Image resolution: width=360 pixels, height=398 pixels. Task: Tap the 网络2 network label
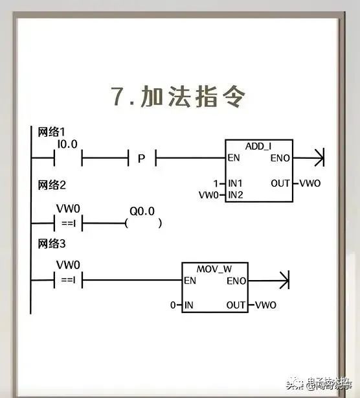click(x=49, y=185)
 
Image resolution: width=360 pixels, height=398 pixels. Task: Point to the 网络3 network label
click(x=49, y=244)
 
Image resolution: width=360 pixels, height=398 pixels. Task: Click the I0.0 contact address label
click(x=67, y=145)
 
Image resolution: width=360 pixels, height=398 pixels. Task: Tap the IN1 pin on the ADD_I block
click(x=236, y=183)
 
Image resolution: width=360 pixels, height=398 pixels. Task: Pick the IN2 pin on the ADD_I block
click(x=236, y=194)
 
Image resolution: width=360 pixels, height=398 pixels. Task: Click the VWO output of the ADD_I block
click(x=309, y=183)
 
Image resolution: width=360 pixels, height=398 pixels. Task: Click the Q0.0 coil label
click(x=141, y=211)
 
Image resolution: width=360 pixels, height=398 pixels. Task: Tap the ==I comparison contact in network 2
click(x=67, y=224)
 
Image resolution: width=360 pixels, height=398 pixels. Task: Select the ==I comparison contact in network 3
click(x=67, y=281)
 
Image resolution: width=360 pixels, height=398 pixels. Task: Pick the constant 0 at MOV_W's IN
click(x=173, y=305)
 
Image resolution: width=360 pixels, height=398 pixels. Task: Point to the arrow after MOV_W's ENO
click(x=279, y=281)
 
